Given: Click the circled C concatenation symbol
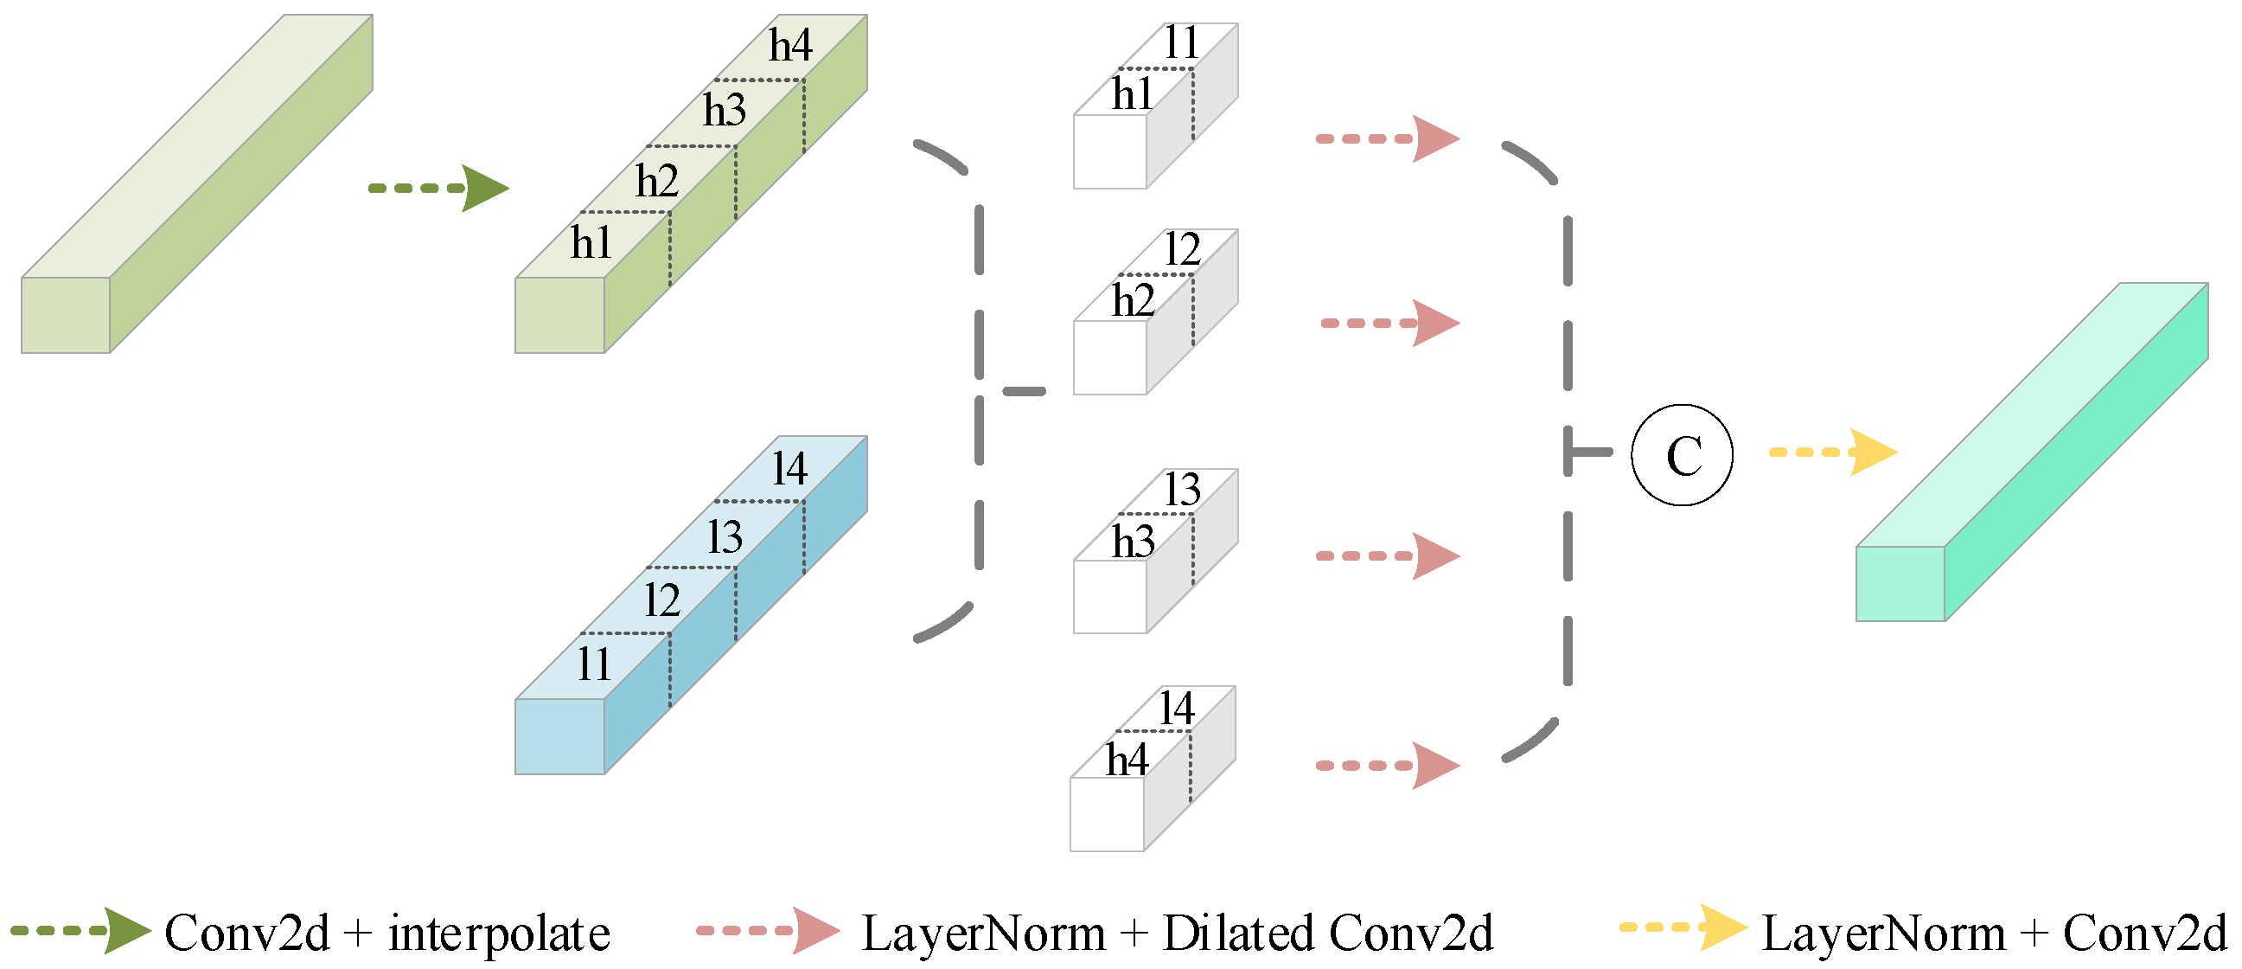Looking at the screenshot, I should point(1682,454).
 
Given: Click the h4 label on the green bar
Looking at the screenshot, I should point(789,45).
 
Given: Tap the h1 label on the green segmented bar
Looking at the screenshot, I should point(591,242).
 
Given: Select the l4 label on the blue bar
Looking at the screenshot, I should point(789,468).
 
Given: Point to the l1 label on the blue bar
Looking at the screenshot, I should point(594,664).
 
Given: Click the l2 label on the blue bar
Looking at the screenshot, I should point(661,600).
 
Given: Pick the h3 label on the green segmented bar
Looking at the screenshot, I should point(724,111).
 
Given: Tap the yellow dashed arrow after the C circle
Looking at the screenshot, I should point(1832,452).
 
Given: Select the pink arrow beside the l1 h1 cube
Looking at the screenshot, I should point(1388,138).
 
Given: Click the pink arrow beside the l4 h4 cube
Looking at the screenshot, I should point(1388,766).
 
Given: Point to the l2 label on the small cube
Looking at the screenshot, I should point(1182,250).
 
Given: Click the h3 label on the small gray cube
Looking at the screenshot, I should point(1133,542).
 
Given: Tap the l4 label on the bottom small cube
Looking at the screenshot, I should point(1176,708).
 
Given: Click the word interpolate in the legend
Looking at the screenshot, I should point(499,934).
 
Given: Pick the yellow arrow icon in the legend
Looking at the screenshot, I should point(1683,927).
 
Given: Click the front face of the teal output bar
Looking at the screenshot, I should point(1900,583).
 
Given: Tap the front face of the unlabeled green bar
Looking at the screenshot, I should point(65,314).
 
